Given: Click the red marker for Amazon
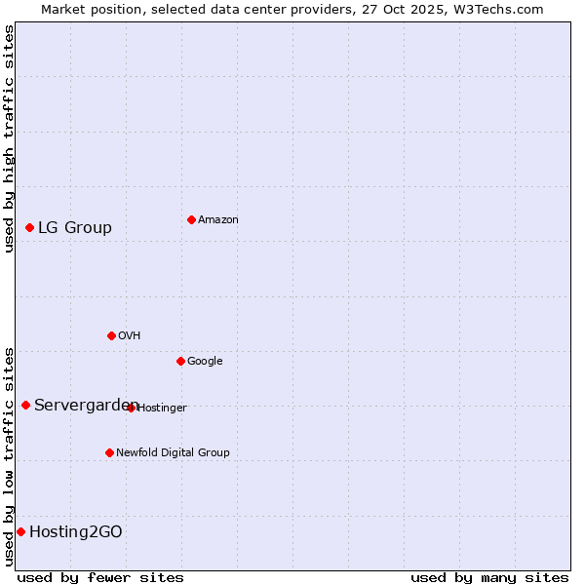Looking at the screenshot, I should coord(191,219).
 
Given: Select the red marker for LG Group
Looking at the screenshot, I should coord(29,227).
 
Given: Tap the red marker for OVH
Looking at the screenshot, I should coord(111,335).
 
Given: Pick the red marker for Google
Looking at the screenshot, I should coord(180,361).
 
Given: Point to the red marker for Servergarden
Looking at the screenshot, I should coord(25,405).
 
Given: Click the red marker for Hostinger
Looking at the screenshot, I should coord(131,408).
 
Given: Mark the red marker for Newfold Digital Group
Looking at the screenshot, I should coord(109,452).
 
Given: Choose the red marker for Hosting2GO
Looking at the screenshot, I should coord(20,531).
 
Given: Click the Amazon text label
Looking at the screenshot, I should coord(217,220).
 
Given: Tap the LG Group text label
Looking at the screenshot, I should coord(75,228).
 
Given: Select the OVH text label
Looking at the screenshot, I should coord(129,336).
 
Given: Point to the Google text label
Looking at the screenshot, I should coord(205,362).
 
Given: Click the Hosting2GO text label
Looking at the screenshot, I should coord(76,532).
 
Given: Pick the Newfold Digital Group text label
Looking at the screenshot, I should coord(173,453).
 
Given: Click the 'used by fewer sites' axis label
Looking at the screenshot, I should coord(100,577).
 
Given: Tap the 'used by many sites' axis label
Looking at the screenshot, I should coord(489,577).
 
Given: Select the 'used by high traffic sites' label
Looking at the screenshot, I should coord(9,138).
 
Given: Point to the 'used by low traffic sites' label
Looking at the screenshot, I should coord(9,455).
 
